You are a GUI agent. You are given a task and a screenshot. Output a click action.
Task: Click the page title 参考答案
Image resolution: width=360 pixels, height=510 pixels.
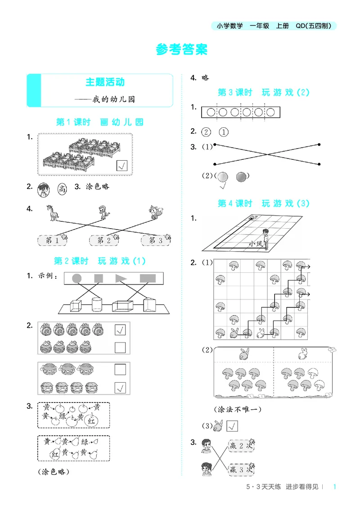[x=182, y=50]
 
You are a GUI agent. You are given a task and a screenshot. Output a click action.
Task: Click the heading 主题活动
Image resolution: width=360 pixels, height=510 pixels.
[x=105, y=82]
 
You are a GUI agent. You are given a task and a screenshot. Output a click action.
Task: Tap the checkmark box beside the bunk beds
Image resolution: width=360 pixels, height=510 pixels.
[x=122, y=166]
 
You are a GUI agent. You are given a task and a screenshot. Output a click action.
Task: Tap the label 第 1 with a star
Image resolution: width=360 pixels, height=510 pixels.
[x=53, y=240]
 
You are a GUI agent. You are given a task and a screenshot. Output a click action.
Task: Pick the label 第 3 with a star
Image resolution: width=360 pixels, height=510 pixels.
[x=156, y=240]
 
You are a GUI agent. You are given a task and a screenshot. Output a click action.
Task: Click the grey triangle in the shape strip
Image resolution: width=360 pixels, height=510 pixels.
[x=121, y=278]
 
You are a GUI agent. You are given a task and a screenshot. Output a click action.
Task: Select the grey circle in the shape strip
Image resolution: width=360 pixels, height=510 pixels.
[x=77, y=278]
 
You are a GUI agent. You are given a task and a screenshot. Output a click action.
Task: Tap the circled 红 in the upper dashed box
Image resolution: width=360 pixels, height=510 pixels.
[x=91, y=421]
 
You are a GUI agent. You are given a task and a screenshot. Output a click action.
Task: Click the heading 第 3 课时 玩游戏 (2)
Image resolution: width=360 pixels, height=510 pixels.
[x=264, y=92]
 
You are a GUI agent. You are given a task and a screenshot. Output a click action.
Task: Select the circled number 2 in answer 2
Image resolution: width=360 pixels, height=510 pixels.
[x=207, y=132]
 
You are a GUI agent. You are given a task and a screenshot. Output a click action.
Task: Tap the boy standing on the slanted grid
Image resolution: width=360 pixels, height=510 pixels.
[x=265, y=238]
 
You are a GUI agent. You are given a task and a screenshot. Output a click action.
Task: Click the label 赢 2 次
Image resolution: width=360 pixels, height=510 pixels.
[x=241, y=446]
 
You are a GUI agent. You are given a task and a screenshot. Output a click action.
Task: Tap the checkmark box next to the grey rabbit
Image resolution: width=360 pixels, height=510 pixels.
[x=233, y=426]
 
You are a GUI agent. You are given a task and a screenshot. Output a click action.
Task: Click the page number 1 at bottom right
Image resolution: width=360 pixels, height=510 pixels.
[x=335, y=486]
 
